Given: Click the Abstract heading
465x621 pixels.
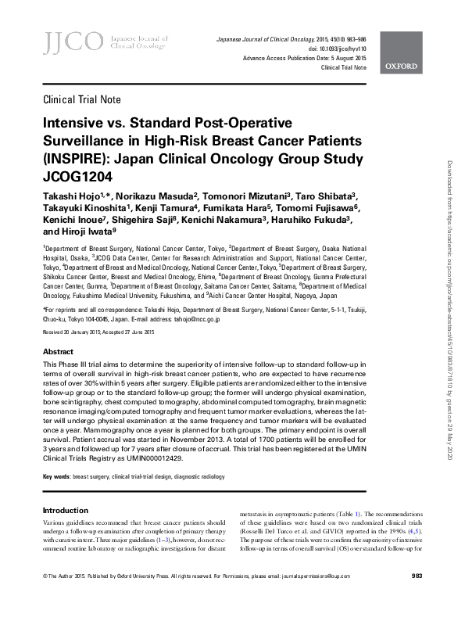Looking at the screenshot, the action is point(59,351).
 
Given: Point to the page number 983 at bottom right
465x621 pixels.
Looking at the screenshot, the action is point(417,598).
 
